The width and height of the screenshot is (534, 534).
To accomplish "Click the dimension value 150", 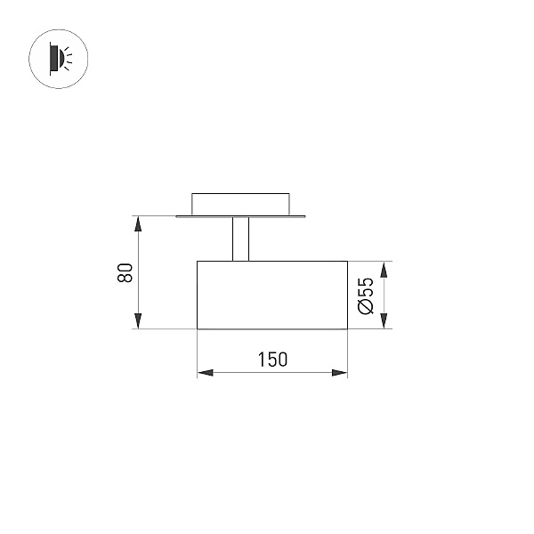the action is [x=273, y=360].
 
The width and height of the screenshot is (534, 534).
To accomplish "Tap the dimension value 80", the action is [x=125, y=272].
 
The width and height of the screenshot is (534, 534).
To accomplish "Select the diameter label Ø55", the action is [x=366, y=295].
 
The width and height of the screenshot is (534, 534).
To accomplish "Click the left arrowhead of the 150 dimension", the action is [x=205, y=373].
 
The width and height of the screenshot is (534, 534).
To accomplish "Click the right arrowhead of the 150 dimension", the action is [x=340, y=373].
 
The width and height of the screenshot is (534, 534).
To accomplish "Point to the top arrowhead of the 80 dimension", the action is [x=138, y=223].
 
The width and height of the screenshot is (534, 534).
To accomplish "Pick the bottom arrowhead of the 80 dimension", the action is [x=138, y=321].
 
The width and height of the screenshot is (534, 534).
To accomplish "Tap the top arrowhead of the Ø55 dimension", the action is [x=384, y=270].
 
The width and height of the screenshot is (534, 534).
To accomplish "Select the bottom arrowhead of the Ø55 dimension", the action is [x=384, y=321].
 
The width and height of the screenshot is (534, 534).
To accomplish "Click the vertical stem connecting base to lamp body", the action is [x=241, y=239].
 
